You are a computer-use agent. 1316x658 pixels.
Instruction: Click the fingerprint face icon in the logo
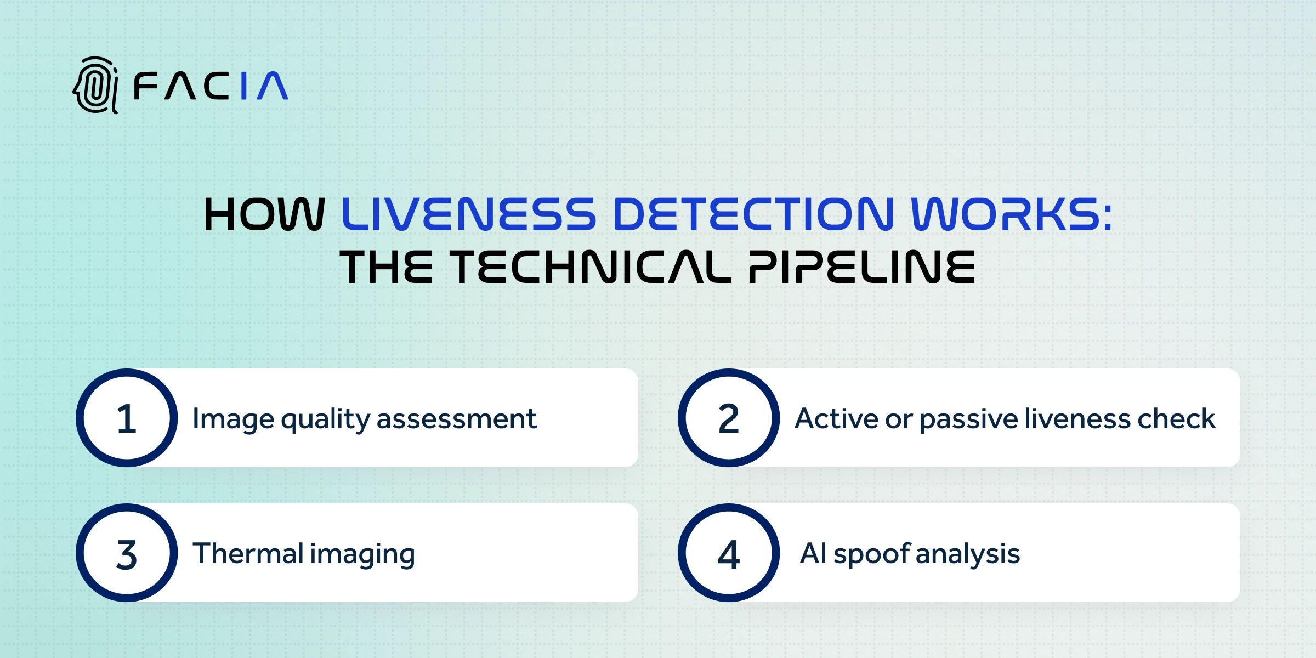(95, 86)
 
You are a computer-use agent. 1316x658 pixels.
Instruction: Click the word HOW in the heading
(264, 214)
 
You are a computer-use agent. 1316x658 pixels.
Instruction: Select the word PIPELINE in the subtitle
(862, 267)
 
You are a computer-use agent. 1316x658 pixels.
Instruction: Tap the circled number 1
(127, 418)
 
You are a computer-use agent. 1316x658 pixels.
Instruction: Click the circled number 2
(729, 418)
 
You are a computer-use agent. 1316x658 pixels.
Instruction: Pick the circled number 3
(127, 553)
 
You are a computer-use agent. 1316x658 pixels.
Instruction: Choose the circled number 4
(729, 553)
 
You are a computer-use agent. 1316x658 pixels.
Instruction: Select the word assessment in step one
(457, 420)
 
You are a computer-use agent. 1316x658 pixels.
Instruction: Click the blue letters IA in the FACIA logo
(264, 86)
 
